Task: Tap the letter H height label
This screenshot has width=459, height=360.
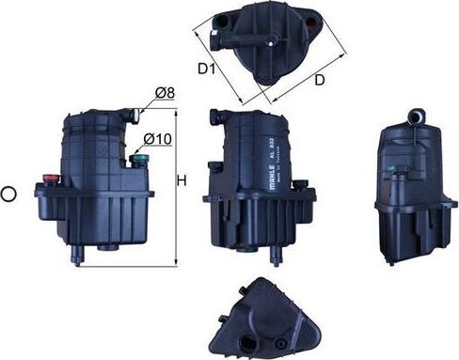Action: click(184, 180)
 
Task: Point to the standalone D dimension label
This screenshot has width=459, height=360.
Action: click(319, 80)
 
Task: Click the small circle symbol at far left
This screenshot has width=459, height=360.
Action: click(9, 195)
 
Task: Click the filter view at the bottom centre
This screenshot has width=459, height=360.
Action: click(266, 320)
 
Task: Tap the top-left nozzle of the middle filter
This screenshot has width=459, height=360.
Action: click(214, 117)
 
